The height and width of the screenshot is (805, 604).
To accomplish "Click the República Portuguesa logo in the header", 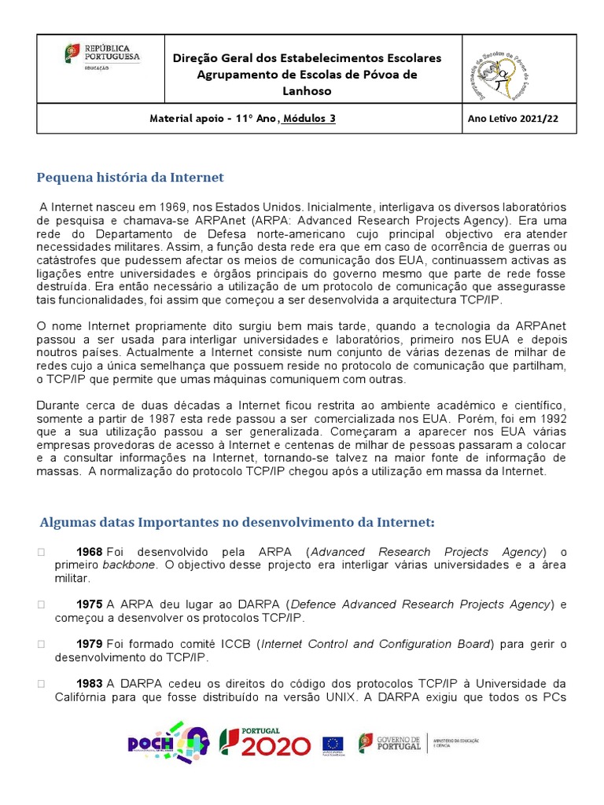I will pyautogui.click(x=101, y=56).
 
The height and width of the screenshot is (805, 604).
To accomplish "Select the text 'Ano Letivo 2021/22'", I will pyautogui.click(x=512, y=119).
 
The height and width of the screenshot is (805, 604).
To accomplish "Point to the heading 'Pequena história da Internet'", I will pyautogui.click(x=131, y=177).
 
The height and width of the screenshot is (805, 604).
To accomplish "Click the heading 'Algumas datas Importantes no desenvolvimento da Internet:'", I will pyautogui.click(x=237, y=522).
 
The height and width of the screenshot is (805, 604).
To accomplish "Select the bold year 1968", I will pyautogui.click(x=89, y=552).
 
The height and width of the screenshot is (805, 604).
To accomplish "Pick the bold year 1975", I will pyautogui.click(x=89, y=605).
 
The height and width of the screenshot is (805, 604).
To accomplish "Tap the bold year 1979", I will pyautogui.click(x=89, y=645).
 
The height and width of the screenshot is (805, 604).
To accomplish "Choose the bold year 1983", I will pyautogui.click(x=89, y=684).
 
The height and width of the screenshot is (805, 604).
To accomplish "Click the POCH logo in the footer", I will pyautogui.click(x=168, y=743).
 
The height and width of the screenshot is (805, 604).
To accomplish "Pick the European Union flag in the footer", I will pyautogui.click(x=333, y=744).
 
